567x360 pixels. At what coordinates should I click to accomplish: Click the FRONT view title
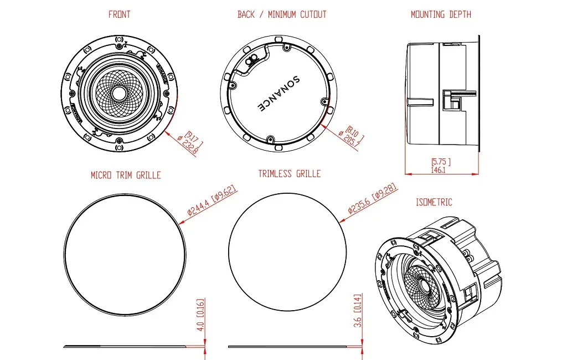click(x=119, y=14)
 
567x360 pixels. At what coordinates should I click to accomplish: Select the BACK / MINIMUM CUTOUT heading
click(x=281, y=14)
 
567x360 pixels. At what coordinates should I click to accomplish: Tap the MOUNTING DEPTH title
click(x=441, y=14)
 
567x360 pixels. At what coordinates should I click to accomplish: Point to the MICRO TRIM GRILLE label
click(x=126, y=175)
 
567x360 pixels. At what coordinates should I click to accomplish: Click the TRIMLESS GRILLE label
click(x=289, y=174)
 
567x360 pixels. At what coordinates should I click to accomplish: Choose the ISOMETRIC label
click(x=434, y=202)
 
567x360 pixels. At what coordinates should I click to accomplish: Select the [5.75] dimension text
click(x=441, y=162)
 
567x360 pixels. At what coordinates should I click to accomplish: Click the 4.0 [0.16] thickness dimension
click(x=201, y=316)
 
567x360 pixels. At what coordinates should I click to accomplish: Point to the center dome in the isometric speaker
click(x=425, y=286)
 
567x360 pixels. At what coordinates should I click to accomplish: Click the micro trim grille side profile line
click(x=127, y=347)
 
